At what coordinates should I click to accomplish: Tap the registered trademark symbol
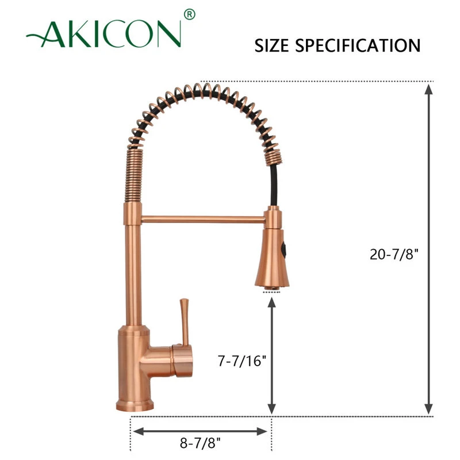[190, 14]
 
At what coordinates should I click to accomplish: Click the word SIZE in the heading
[271, 45]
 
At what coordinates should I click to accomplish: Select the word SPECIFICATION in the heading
[358, 45]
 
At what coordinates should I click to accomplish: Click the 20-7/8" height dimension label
[394, 254]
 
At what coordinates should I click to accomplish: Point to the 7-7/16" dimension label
[242, 361]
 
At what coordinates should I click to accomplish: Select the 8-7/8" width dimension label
[200, 443]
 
